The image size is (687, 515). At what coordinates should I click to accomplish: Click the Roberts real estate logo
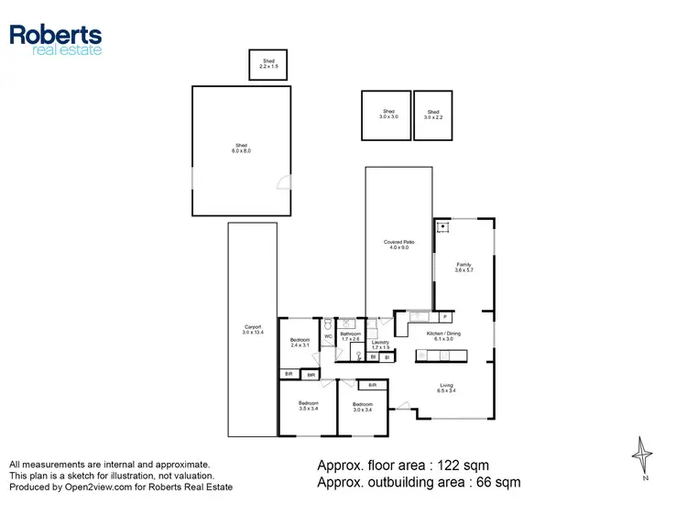[56, 39]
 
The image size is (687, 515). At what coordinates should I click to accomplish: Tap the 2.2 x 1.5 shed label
[267, 63]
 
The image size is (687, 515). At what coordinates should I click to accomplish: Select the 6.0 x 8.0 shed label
[241, 148]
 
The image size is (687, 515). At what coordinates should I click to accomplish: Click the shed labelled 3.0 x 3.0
[387, 115]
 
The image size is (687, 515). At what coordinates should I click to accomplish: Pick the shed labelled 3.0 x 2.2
[432, 115]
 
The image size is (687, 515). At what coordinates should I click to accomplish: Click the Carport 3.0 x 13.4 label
[252, 330]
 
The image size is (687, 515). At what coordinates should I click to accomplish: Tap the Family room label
[464, 268]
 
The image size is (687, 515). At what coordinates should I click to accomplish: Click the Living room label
[446, 389]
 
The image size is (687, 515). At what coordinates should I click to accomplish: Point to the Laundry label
[380, 345]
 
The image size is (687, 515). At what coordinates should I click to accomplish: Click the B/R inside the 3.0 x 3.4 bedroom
[372, 386]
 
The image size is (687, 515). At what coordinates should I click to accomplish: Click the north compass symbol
[646, 455]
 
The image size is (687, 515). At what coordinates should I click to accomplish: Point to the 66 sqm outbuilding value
[499, 482]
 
